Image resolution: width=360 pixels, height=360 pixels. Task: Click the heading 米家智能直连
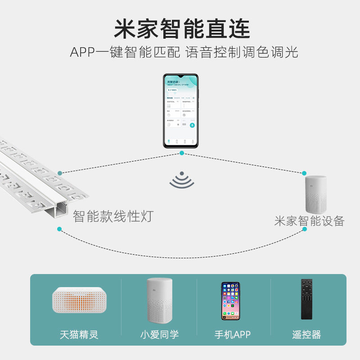(181, 29)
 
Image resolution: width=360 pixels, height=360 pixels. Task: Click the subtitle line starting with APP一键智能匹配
(184, 52)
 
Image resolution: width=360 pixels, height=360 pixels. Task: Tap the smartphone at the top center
(180, 110)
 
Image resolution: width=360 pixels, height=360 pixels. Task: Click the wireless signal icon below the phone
(181, 180)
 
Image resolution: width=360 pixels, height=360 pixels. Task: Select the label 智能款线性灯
(113, 216)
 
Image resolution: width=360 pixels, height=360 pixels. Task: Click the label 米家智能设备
(309, 220)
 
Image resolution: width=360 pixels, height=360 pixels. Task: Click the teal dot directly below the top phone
(181, 153)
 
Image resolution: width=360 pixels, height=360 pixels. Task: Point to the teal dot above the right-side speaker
(305, 173)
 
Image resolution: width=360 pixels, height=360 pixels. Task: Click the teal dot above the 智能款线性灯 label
(59, 173)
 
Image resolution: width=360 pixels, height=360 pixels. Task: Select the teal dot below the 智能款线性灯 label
(59, 229)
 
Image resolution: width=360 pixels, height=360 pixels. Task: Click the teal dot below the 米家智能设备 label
(305, 229)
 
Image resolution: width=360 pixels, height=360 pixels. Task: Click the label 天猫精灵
(79, 335)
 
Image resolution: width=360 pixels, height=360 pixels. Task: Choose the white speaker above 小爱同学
(159, 300)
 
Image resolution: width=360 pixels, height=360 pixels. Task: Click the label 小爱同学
(159, 335)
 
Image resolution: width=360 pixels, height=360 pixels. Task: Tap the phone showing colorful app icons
(230, 301)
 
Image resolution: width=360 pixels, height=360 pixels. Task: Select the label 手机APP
(232, 335)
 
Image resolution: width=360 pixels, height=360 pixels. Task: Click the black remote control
(306, 299)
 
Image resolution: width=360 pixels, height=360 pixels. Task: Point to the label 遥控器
(306, 335)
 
